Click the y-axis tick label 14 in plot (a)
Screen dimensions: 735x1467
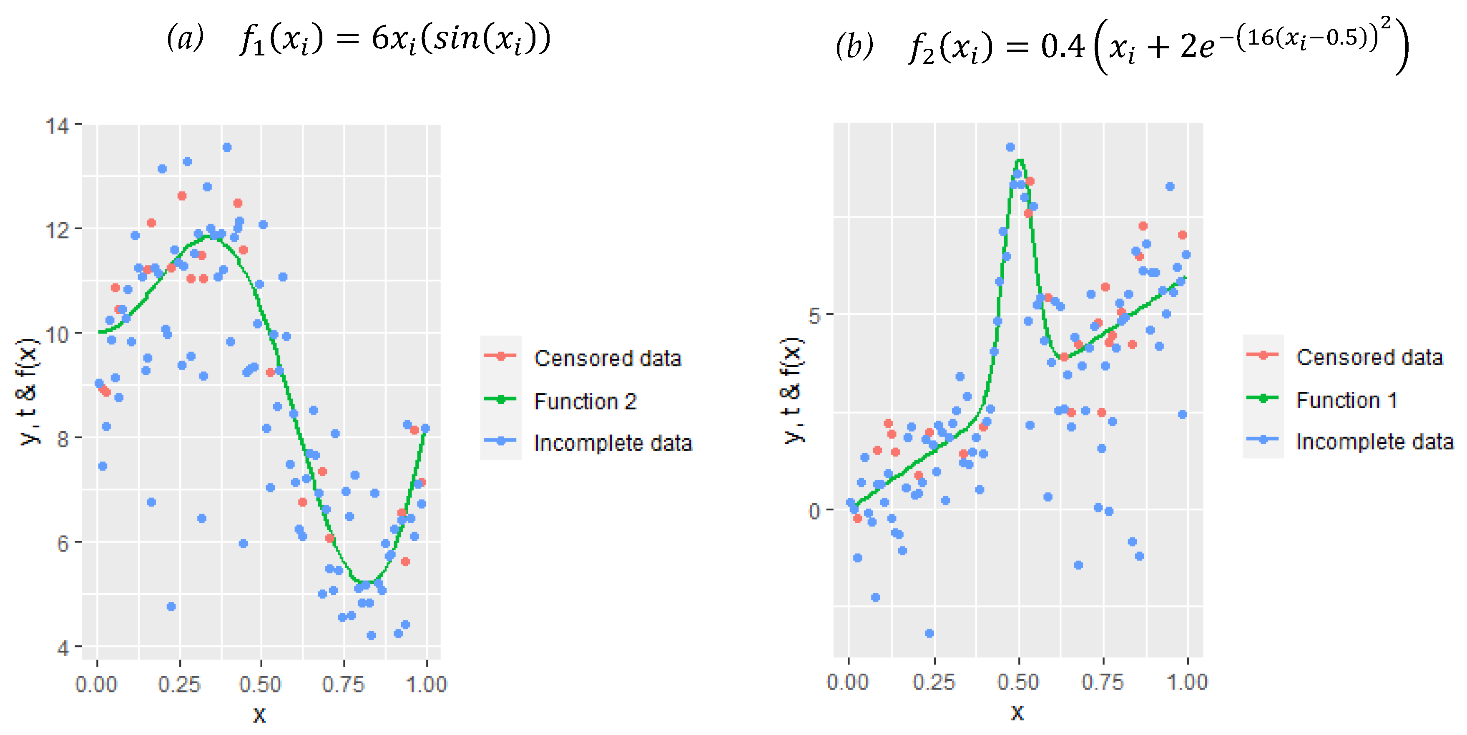(x=57, y=125)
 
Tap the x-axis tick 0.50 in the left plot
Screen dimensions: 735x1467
(x=260, y=684)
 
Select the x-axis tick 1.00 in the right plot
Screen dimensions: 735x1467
(x=1187, y=682)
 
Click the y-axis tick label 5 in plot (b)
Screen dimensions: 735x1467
(x=814, y=315)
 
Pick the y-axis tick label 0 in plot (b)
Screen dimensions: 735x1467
(x=814, y=511)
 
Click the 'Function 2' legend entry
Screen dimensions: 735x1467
(x=585, y=401)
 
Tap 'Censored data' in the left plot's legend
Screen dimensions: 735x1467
(x=607, y=358)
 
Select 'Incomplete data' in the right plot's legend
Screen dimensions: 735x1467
(x=1374, y=442)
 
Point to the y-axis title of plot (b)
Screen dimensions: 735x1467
(x=791, y=391)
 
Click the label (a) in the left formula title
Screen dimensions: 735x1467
(x=185, y=39)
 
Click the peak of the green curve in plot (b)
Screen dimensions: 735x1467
(x=1020, y=161)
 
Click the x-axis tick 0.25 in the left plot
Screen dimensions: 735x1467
(x=179, y=684)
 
